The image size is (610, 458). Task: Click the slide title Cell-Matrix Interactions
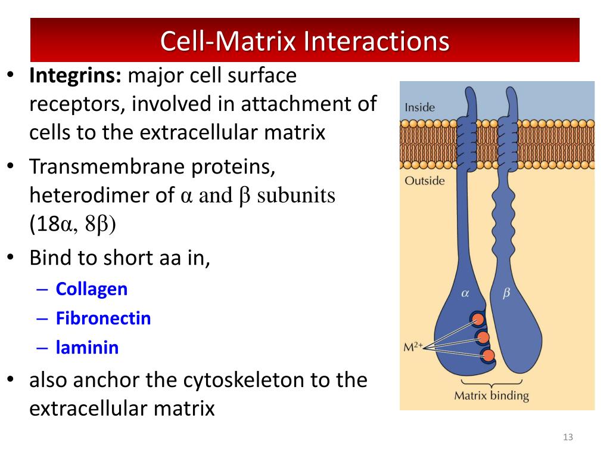coord(304,42)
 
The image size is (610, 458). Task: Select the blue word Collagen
coord(92,289)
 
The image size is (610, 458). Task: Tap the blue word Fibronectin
coord(103,318)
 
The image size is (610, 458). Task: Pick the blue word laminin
coord(87,347)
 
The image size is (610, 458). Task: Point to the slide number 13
coord(567,438)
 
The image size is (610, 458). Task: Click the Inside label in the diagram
coord(420,108)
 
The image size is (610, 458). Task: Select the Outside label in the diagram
coord(424,180)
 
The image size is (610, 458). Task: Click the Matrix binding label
coord(491,395)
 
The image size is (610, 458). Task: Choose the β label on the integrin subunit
coord(506,293)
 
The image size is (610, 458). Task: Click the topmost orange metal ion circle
coord(478,320)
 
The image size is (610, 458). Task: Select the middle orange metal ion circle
coord(483,338)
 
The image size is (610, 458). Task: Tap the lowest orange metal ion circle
coord(488,356)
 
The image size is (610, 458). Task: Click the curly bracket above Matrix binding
coord(491,382)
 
